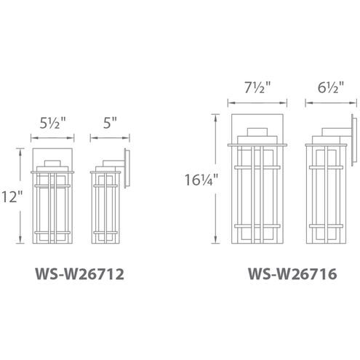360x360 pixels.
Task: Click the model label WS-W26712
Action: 79,274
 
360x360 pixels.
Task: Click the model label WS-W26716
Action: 292,273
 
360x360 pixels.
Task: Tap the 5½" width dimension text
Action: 52,124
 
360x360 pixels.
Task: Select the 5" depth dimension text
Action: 110,123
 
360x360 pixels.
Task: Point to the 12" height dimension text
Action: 12,196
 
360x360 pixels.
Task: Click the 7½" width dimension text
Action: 257,87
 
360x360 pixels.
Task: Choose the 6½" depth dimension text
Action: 331,87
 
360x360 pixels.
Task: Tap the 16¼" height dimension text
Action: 201,180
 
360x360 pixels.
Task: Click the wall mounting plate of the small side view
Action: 127,168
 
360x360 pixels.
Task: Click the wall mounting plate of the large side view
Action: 354,140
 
